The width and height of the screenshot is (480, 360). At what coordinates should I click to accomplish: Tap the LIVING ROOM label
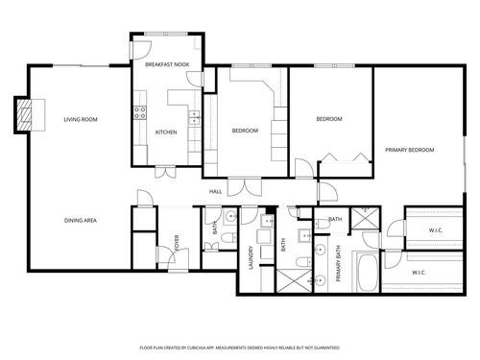(x=80, y=120)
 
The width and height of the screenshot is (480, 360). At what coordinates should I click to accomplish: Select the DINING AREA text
(x=80, y=220)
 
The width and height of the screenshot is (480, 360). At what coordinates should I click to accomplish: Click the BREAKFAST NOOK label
(x=165, y=64)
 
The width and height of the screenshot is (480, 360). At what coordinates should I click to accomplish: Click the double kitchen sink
(x=194, y=118)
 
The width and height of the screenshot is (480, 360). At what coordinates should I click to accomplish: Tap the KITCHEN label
(x=166, y=132)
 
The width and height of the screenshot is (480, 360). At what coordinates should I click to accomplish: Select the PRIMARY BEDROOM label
(x=410, y=151)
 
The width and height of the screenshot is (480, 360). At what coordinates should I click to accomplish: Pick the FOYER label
(x=177, y=242)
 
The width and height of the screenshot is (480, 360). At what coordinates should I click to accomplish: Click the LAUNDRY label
(x=251, y=257)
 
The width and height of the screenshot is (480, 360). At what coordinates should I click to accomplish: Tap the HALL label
(x=216, y=192)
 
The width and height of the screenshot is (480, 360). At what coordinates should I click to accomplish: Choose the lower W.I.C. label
(x=420, y=273)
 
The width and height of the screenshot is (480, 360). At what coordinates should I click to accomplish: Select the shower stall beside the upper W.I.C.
(x=364, y=217)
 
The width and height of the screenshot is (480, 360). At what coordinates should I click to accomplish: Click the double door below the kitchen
(x=166, y=173)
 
